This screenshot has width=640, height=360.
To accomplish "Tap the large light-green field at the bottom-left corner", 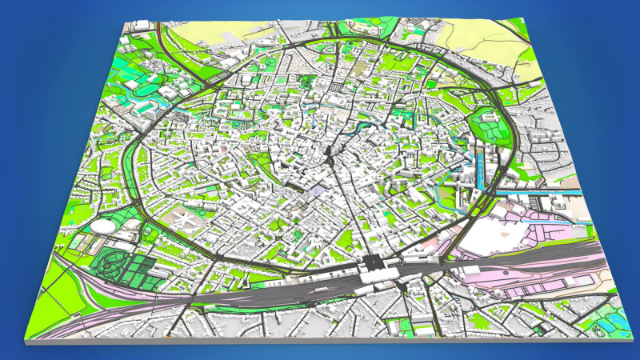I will click(x=60, y=296).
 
